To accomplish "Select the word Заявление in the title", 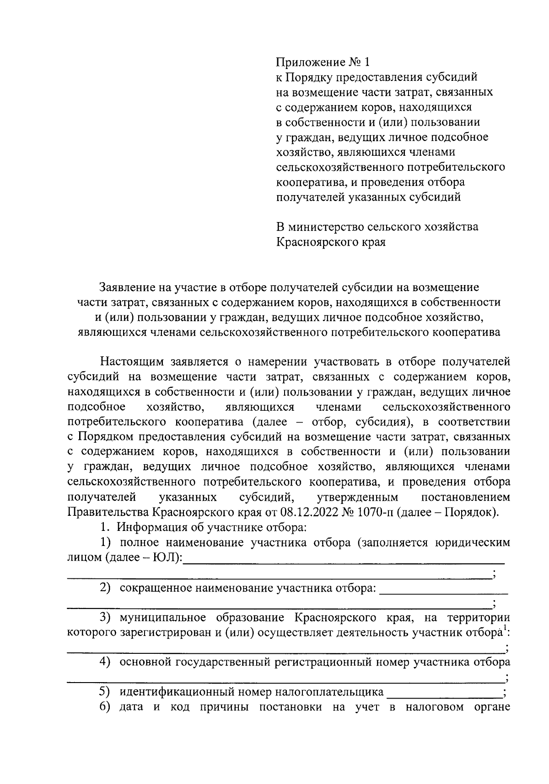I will point(125,287).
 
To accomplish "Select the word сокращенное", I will point(156,588).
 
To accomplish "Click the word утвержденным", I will point(357,497).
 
